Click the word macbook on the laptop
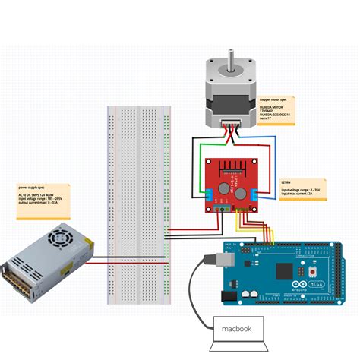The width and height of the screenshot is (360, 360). click(x=236, y=329)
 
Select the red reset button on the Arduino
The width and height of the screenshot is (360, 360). click(x=311, y=270)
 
